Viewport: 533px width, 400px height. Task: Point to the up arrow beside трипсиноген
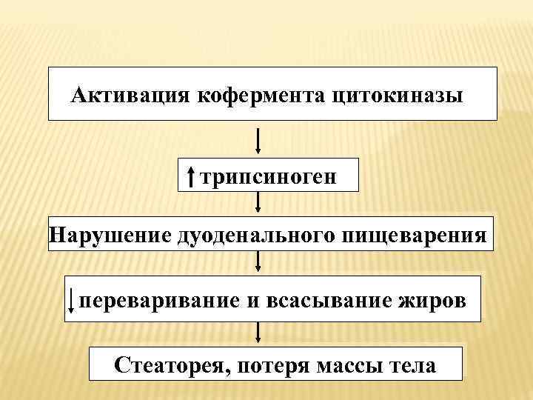[x=191, y=177]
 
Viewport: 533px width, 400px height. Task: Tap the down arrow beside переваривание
[x=71, y=300]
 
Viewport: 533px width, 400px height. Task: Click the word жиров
[x=437, y=300]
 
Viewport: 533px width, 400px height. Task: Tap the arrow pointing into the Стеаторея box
[x=258, y=333]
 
